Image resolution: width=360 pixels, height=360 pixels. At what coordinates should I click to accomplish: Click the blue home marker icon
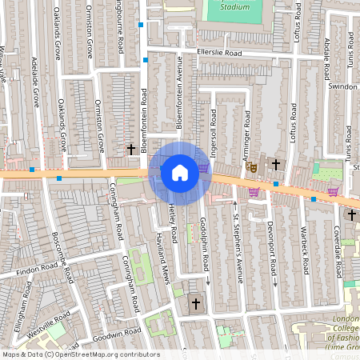(179, 173)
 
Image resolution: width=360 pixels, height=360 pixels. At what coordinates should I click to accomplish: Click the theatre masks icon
(250, 167)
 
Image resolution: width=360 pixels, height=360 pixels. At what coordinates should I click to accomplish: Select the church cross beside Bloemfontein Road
(131, 149)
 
